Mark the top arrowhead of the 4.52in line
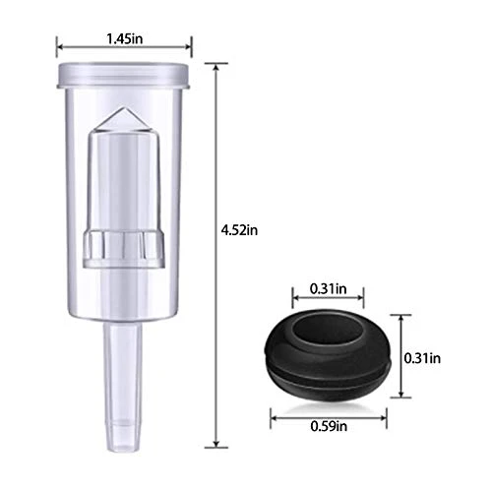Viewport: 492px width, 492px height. tap(216, 65)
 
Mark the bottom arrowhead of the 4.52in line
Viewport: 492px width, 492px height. tap(216, 442)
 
